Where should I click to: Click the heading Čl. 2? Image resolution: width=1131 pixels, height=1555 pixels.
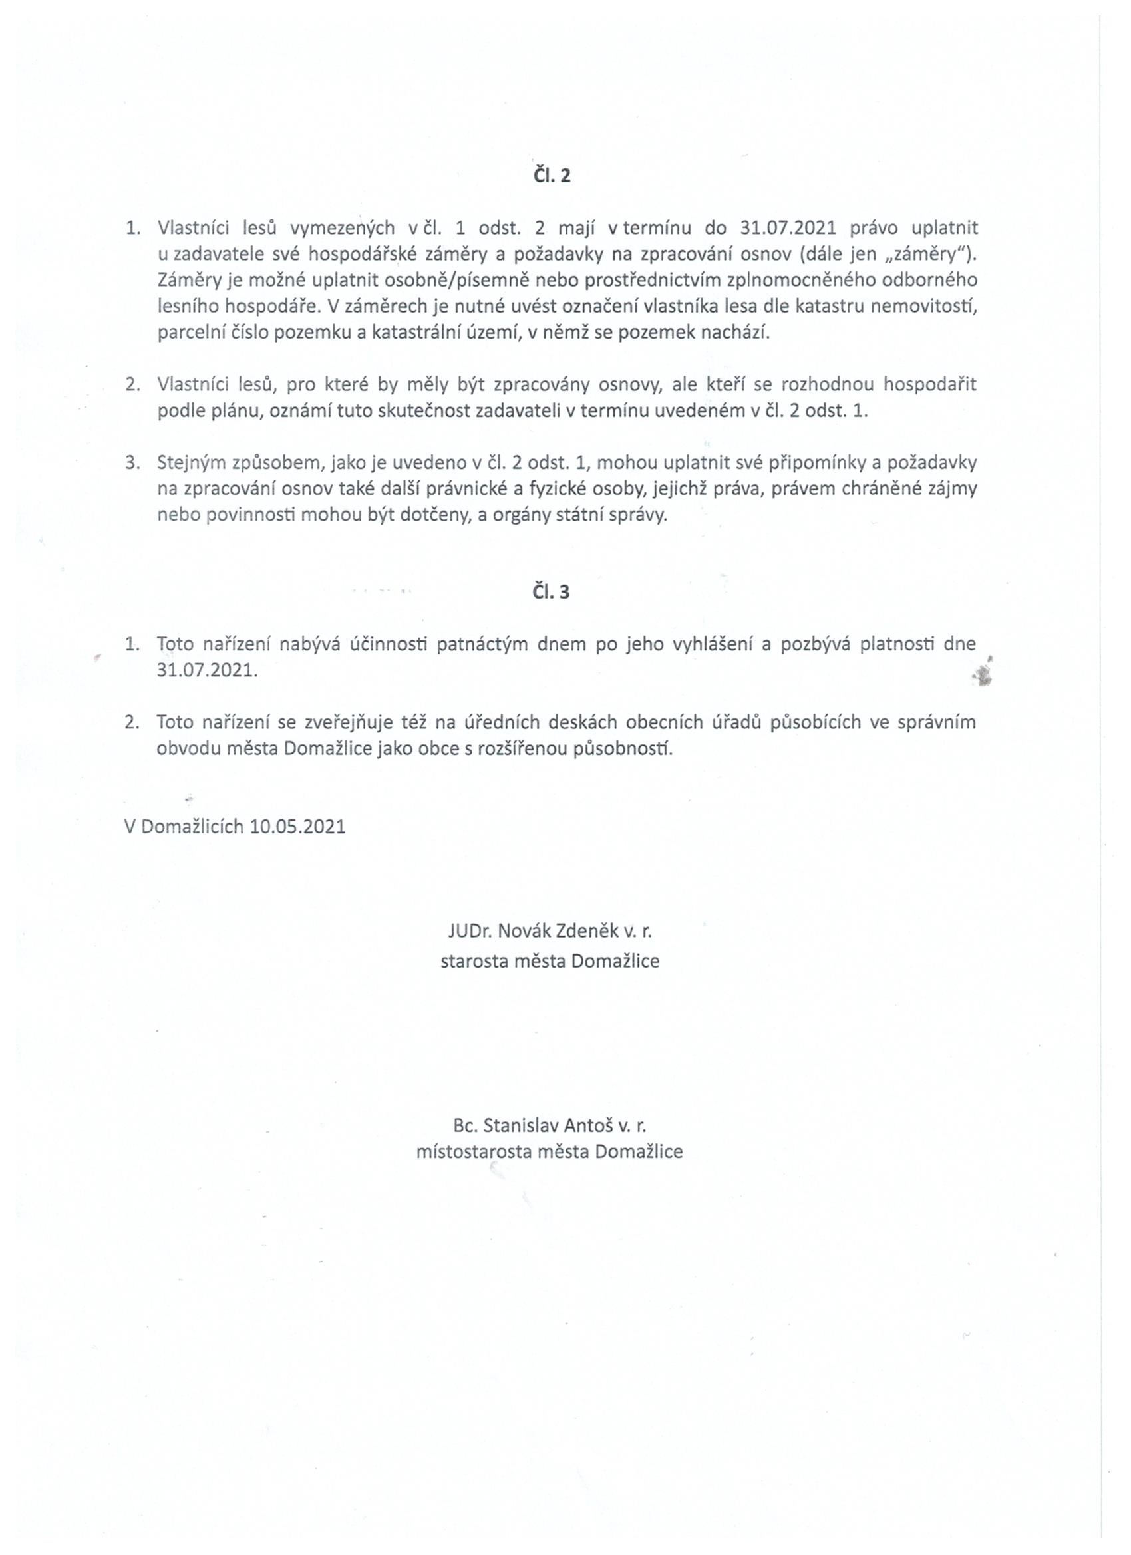point(552,176)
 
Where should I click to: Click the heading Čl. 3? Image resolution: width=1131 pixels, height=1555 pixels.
point(552,592)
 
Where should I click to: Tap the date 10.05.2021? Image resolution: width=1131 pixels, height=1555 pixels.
point(297,826)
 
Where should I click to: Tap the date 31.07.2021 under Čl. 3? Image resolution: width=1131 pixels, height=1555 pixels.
point(207,670)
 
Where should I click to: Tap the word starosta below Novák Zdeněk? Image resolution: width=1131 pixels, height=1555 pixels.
point(475,960)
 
